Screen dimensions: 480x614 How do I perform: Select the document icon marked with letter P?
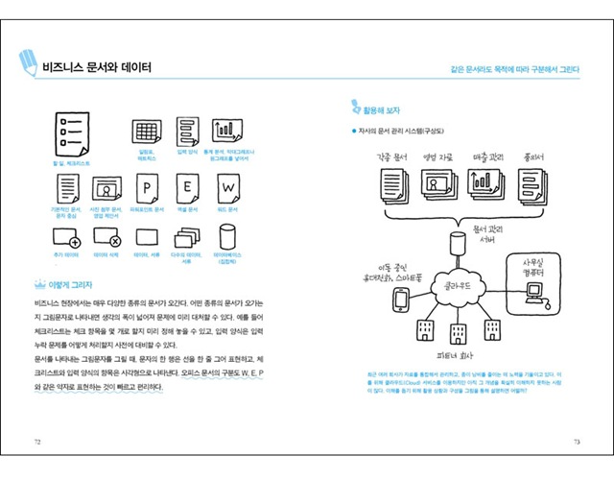point(147,185)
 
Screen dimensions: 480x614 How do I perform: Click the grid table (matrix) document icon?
point(147,132)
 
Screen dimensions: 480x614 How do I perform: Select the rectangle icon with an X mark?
point(106,236)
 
